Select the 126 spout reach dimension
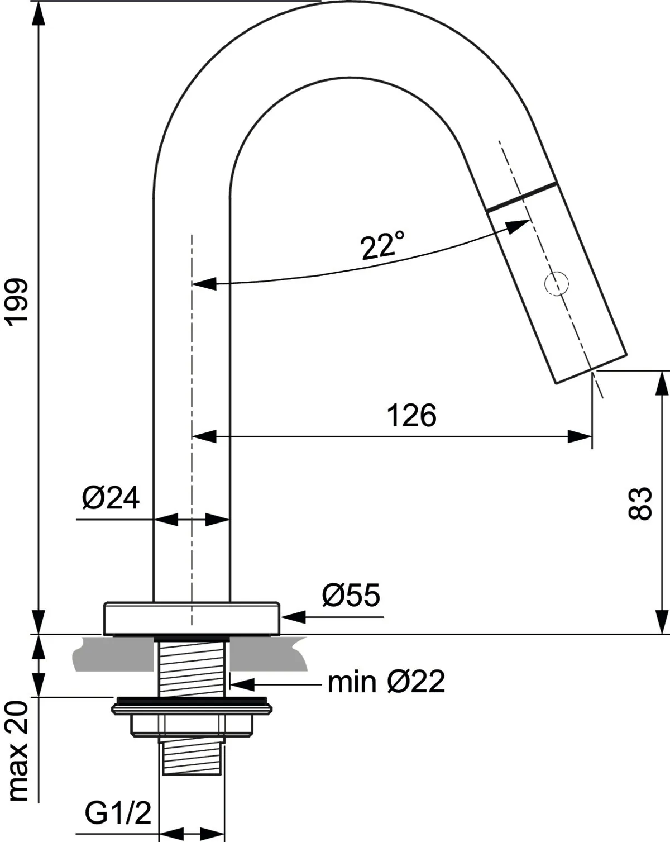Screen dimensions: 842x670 coord(411,416)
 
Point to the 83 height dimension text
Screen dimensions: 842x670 coord(640,503)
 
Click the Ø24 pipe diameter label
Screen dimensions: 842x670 coord(110,498)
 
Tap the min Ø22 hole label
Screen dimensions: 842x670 coord(386,682)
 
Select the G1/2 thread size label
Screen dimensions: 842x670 coord(118,814)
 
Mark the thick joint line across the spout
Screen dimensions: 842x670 coord(521,196)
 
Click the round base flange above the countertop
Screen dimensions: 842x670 coord(191,618)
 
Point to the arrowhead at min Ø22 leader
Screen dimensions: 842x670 coord(241,683)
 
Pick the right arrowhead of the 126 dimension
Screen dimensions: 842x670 coord(580,436)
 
